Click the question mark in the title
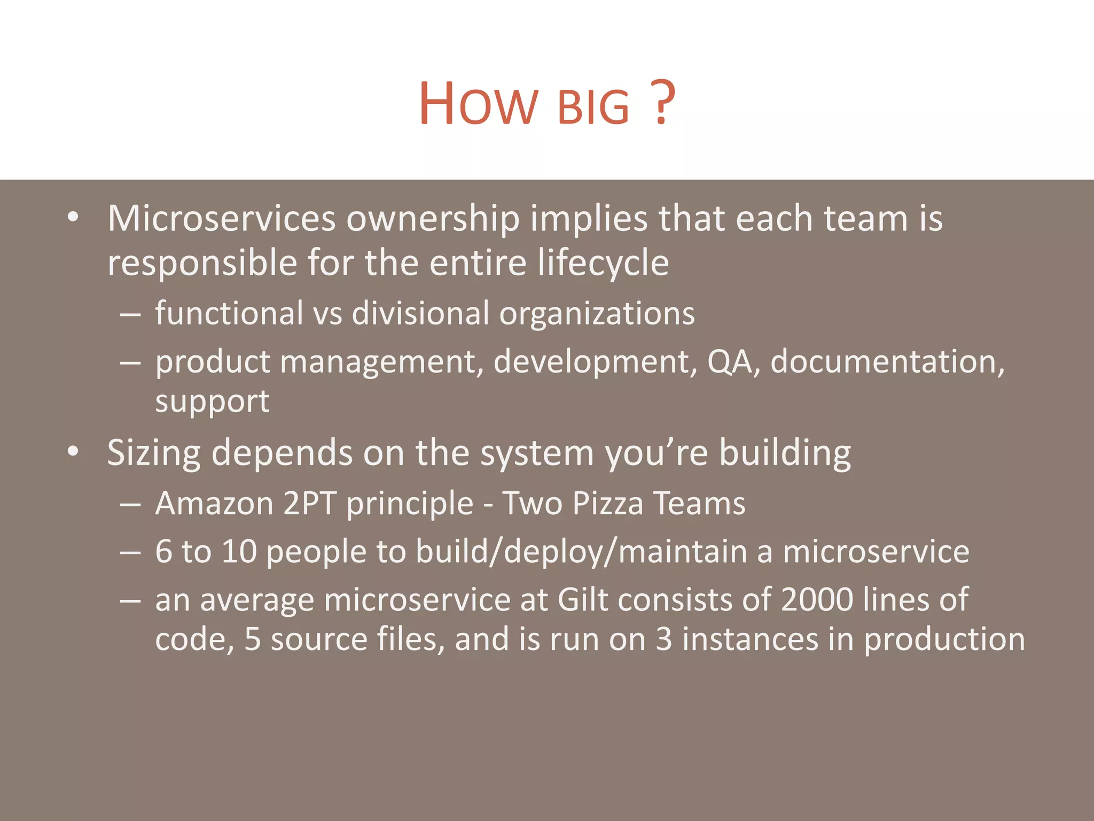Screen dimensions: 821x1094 click(662, 103)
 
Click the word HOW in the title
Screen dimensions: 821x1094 click(478, 104)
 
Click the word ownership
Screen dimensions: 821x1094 click(433, 219)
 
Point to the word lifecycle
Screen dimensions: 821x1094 click(603, 263)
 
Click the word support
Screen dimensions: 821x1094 click(212, 402)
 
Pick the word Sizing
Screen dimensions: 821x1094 click(154, 453)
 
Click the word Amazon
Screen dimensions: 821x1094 click(214, 504)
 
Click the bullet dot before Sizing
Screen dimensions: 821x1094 click(73, 452)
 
